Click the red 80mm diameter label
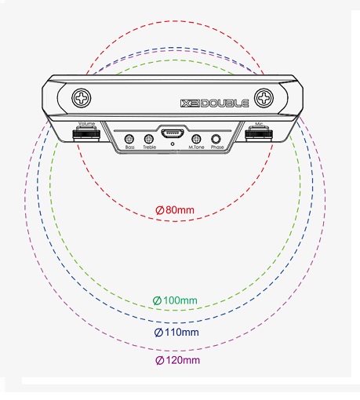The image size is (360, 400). coord(175,210)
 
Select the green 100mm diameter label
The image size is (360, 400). coord(175,300)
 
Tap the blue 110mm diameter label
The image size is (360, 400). coord(176,333)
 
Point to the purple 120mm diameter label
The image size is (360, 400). coord(178,360)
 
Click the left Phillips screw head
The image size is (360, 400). coord(82,98)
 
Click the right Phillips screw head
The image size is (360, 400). coord(264,98)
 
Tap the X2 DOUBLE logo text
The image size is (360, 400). coord(214,104)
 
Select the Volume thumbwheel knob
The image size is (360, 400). coord(86,133)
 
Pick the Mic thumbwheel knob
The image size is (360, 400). coord(259,133)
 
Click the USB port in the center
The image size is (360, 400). coord(173,134)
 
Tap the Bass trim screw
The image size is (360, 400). coord(129,139)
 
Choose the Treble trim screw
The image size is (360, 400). coord(149,139)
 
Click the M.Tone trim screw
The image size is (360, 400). coord(196,139)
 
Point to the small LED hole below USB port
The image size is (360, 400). coord(173,144)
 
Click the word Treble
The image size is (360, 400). coord(149,147)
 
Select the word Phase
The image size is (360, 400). coord(217,147)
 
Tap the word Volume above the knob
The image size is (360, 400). coord(86,123)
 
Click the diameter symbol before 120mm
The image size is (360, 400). coord(160,360)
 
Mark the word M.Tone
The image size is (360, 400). coord(196,147)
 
